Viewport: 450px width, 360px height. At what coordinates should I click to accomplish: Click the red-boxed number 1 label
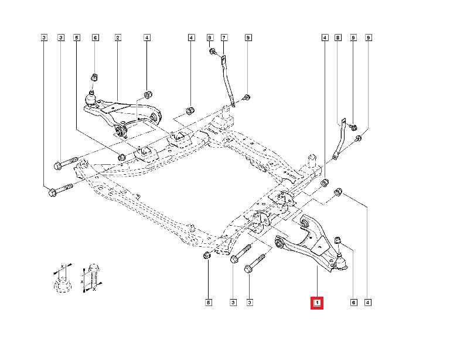[316, 303]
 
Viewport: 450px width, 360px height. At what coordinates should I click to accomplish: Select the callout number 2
[118, 38]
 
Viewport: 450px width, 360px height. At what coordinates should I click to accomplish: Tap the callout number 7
[223, 38]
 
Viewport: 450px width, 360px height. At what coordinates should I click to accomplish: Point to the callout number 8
[337, 38]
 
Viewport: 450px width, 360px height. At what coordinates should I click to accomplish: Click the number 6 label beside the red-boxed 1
[353, 303]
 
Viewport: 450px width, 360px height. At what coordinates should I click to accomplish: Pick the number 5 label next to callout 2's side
[76, 38]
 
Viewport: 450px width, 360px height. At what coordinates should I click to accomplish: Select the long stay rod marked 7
[229, 79]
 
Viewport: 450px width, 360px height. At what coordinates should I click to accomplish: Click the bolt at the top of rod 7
[212, 53]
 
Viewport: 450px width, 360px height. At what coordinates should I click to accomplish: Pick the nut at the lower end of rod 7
[246, 97]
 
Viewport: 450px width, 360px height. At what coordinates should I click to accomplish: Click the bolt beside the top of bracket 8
[354, 127]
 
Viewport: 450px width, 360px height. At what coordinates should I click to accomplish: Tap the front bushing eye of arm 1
[280, 241]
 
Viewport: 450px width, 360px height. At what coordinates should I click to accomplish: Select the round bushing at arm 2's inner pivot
[122, 130]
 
